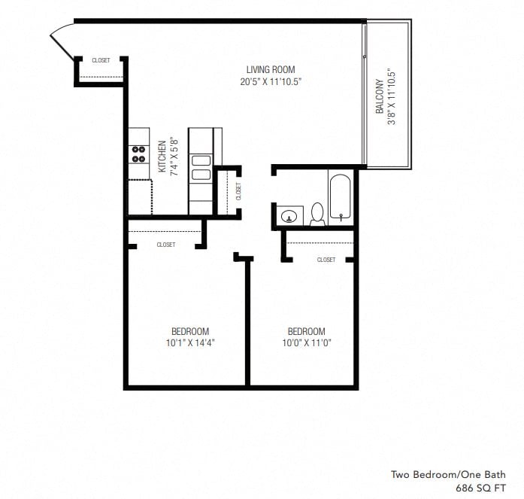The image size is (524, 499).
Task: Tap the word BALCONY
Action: (380, 97)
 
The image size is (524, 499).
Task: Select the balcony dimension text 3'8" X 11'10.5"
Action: (391, 97)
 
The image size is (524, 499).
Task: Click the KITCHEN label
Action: (162, 157)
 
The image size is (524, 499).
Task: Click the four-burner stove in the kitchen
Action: (139, 154)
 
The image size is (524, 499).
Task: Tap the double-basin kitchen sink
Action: (201, 167)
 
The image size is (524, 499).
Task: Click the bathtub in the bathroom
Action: (341, 197)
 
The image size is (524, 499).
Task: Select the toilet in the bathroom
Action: (317, 214)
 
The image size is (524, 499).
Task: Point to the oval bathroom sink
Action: (289, 217)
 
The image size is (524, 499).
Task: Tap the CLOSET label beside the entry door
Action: (101, 60)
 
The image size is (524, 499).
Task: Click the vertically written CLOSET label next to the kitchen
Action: (238, 191)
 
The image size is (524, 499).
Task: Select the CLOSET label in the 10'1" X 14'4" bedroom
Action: (166, 245)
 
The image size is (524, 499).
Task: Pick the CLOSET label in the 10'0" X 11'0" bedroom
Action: (326, 260)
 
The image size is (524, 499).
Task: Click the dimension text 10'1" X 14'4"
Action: (190, 343)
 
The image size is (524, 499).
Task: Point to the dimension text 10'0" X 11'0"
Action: (307, 343)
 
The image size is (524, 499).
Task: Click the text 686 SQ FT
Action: (481, 488)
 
